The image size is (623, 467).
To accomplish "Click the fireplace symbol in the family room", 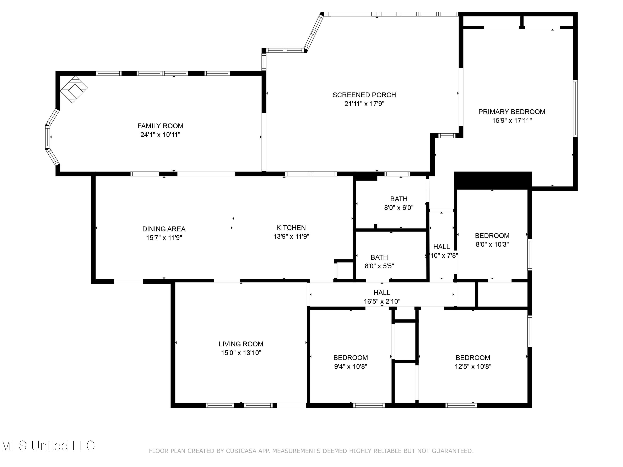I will (x=74, y=89).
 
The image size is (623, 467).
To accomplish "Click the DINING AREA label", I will (x=164, y=229).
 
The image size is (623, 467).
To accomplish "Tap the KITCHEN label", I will (x=291, y=228).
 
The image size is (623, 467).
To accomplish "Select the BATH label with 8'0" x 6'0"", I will (x=399, y=199).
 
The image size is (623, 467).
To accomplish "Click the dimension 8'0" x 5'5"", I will (x=379, y=266).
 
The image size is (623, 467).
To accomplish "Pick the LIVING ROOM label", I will (x=241, y=344).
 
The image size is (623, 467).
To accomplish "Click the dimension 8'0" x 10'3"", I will (x=492, y=244).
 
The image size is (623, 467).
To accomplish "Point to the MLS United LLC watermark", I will (x=48, y=446).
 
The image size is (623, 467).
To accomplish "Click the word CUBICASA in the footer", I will (x=241, y=451).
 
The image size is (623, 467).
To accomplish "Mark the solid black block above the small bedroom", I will (x=493, y=180).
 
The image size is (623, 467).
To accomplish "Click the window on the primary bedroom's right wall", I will (x=575, y=108).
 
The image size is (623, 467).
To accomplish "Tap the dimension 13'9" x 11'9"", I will (x=291, y=236).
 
